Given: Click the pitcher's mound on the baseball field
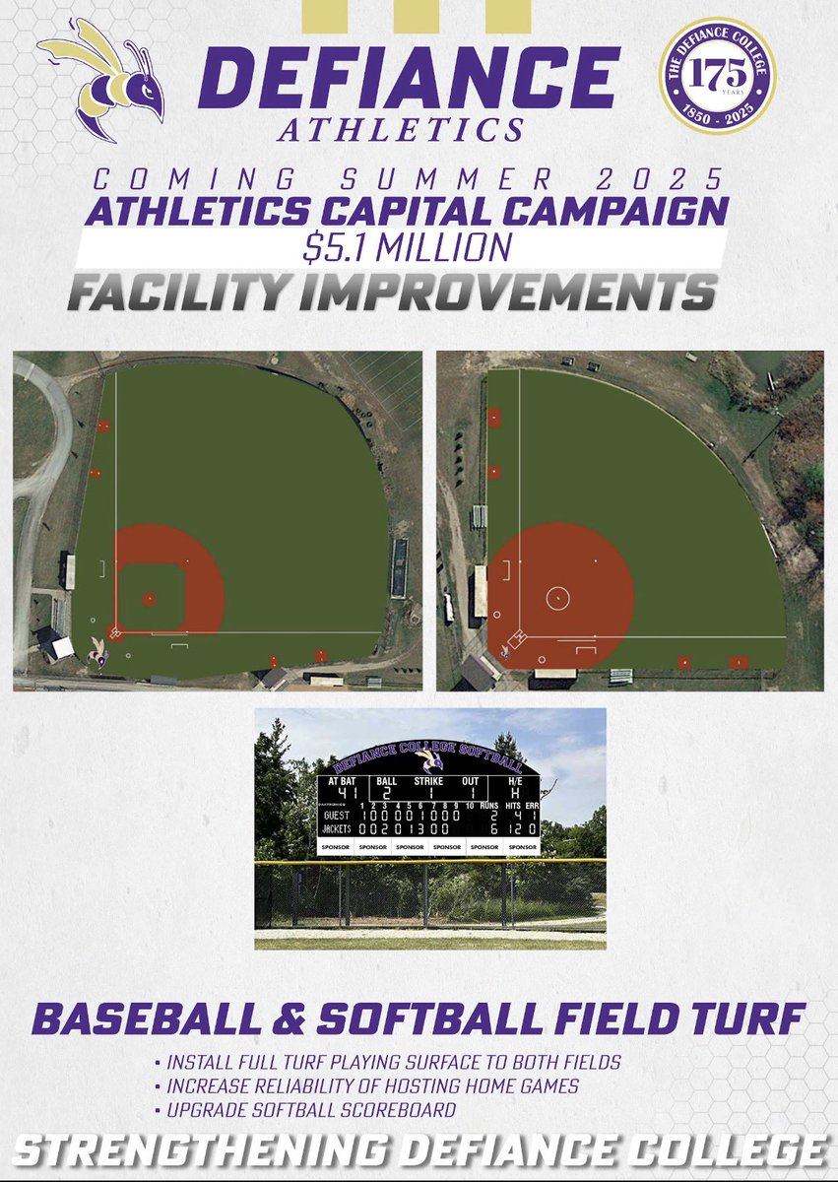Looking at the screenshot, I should [x=149, y=598].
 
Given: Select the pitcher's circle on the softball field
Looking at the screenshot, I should [x=557, y=597].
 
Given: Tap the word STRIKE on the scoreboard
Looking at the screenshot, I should [x=430, y=780].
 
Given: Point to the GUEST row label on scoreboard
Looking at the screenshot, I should [x=337, y=816].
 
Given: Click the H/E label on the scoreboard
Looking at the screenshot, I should [x=514, y=780].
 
